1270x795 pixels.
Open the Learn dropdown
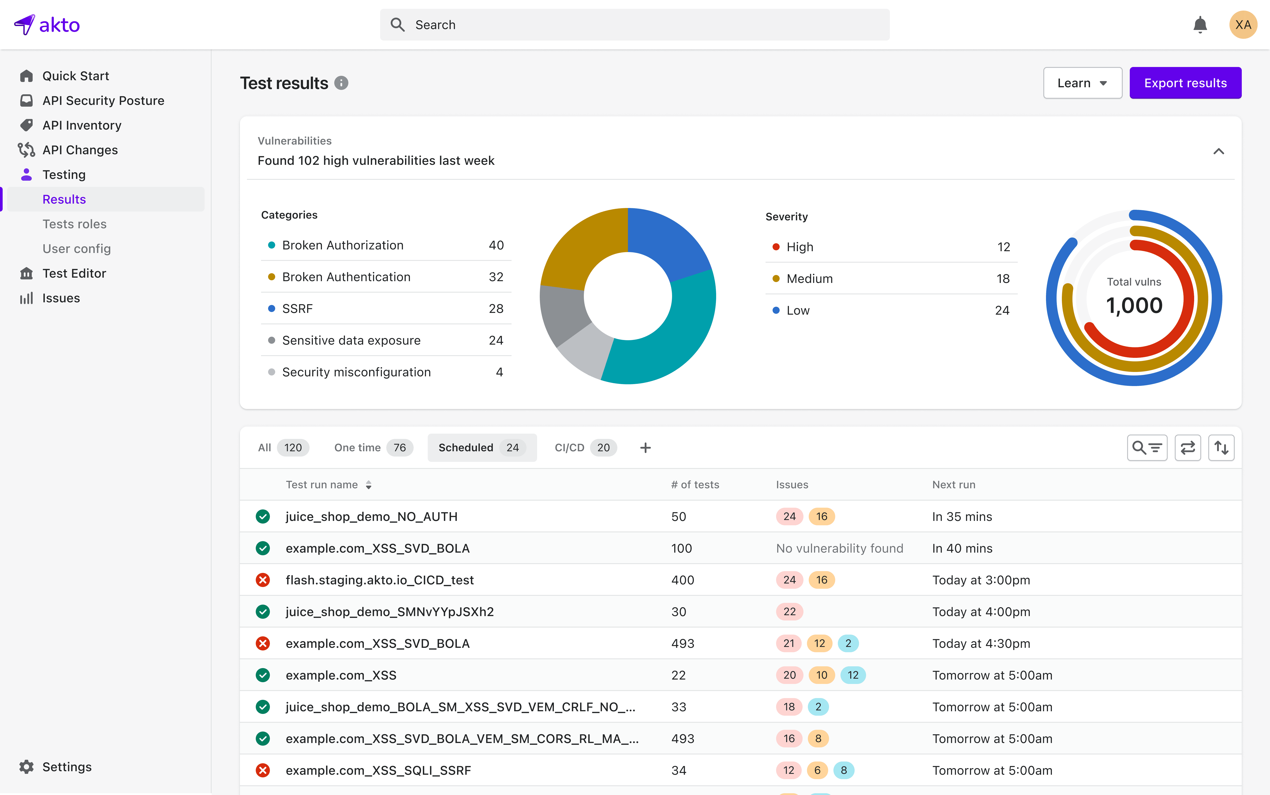(1082, 83)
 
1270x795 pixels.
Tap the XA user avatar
(1243, 25)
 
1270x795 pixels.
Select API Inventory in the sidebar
(82, 125)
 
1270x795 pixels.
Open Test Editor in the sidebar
(74, 273)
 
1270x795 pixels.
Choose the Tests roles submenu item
(74, 224)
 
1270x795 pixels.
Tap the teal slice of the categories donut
(679, 336)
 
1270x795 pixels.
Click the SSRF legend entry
(297, 309)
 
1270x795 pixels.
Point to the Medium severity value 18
(1003, 279)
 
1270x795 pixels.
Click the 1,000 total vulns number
(1134, 305)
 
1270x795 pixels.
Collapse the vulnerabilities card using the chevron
(1218, 151)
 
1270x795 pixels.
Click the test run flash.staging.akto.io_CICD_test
(379, 580)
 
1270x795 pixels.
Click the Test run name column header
(321, 485)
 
